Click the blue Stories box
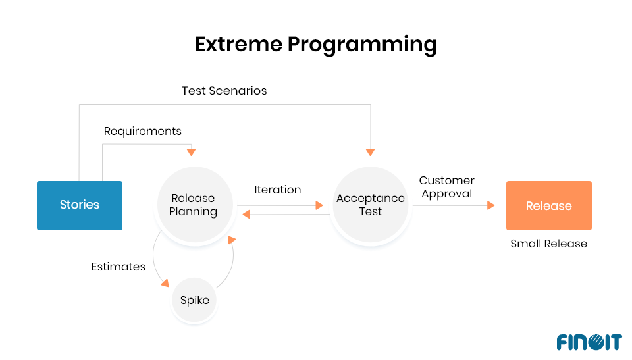coord(80,205)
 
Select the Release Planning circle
coord(193,205)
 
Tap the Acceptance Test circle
coord(370,205)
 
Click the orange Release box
coord(548,205)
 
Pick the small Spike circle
coord(194,301)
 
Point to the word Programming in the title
coord(362,44)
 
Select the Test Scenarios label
coord(224,91)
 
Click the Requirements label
coord(143,131)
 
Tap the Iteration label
coord(278,190)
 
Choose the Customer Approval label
coord(447,187)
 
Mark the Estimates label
coord(118,267)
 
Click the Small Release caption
coord(548,244)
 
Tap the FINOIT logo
coord(589,342)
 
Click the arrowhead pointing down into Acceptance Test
coord(370,152)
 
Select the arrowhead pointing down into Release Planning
coord(192,152)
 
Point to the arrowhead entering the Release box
coord(490,205)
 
